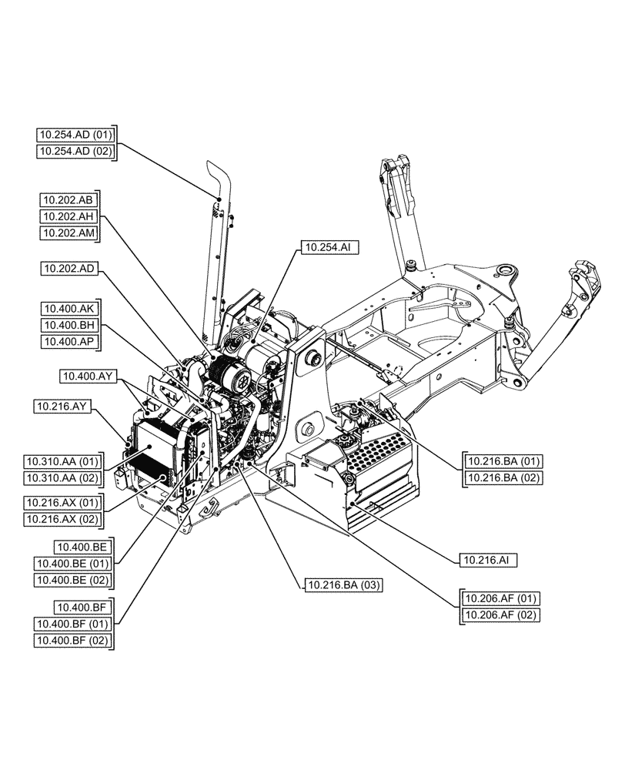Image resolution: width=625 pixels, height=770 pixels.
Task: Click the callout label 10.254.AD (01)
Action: point(75,135)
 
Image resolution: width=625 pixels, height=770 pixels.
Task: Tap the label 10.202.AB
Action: point(69,199)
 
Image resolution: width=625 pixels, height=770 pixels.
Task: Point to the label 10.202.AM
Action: point(69,233)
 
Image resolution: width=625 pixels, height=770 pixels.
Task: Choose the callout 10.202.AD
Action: point(69,269)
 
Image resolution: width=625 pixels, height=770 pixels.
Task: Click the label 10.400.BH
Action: point(69,326)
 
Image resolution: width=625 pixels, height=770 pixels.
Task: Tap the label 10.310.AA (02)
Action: point(62,479)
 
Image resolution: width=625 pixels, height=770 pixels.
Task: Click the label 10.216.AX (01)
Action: point(62,502)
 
